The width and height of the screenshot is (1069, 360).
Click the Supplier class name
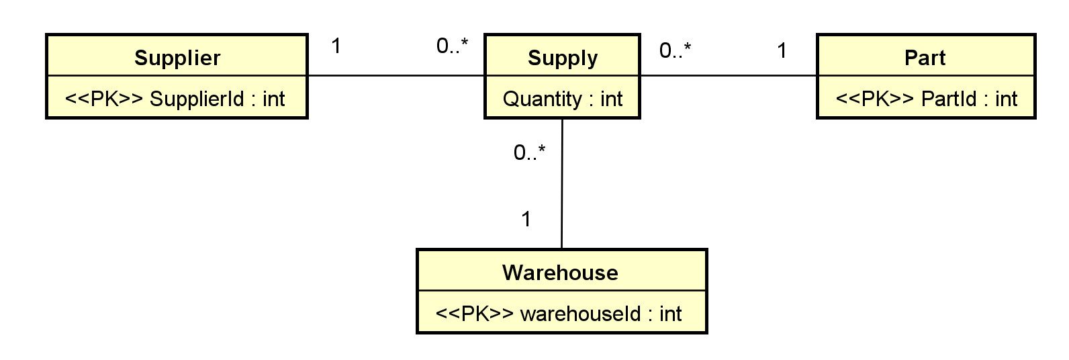pyautogui.click(x=177, y=58)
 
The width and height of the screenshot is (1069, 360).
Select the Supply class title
pyautogui.click(x=563, y=58)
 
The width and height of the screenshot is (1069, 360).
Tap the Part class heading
pyautogui.click(x=925, y=58)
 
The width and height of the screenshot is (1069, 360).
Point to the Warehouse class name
pyautogui.click(x=560, y=273)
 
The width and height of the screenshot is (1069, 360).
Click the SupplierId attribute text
pyautogui.click(x=217, y=99)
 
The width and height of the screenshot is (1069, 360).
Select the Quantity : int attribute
pyautogui.click(x=563, y=99)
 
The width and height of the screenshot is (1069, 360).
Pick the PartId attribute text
pyautogui.click(x=969, y=99)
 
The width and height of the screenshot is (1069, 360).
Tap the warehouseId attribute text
pyautogui.click(x=601, y=314)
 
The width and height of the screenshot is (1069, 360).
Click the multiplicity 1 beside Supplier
pyautogui.click(x=336, y=46)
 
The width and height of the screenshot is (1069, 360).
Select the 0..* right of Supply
pyautogui.click(x=675, y=50)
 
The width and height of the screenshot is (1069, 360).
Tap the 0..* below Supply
pyautogui.click(x=529, y=153)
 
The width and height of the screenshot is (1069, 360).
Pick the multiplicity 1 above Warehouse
pyautogui.click(x=526, y=219)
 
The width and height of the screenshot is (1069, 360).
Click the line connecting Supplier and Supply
pyautogui.click(x=396, y=75)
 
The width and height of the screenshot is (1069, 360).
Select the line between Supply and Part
pyautogui.click(x=729, y=75)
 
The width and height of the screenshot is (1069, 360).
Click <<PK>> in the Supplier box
pyautogui.click(x=104, y=99)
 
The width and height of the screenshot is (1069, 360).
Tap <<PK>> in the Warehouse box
pyautogui.click(x=475, y=314)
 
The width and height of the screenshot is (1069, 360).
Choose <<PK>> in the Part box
pyautogui.click(x=875, y=99)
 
